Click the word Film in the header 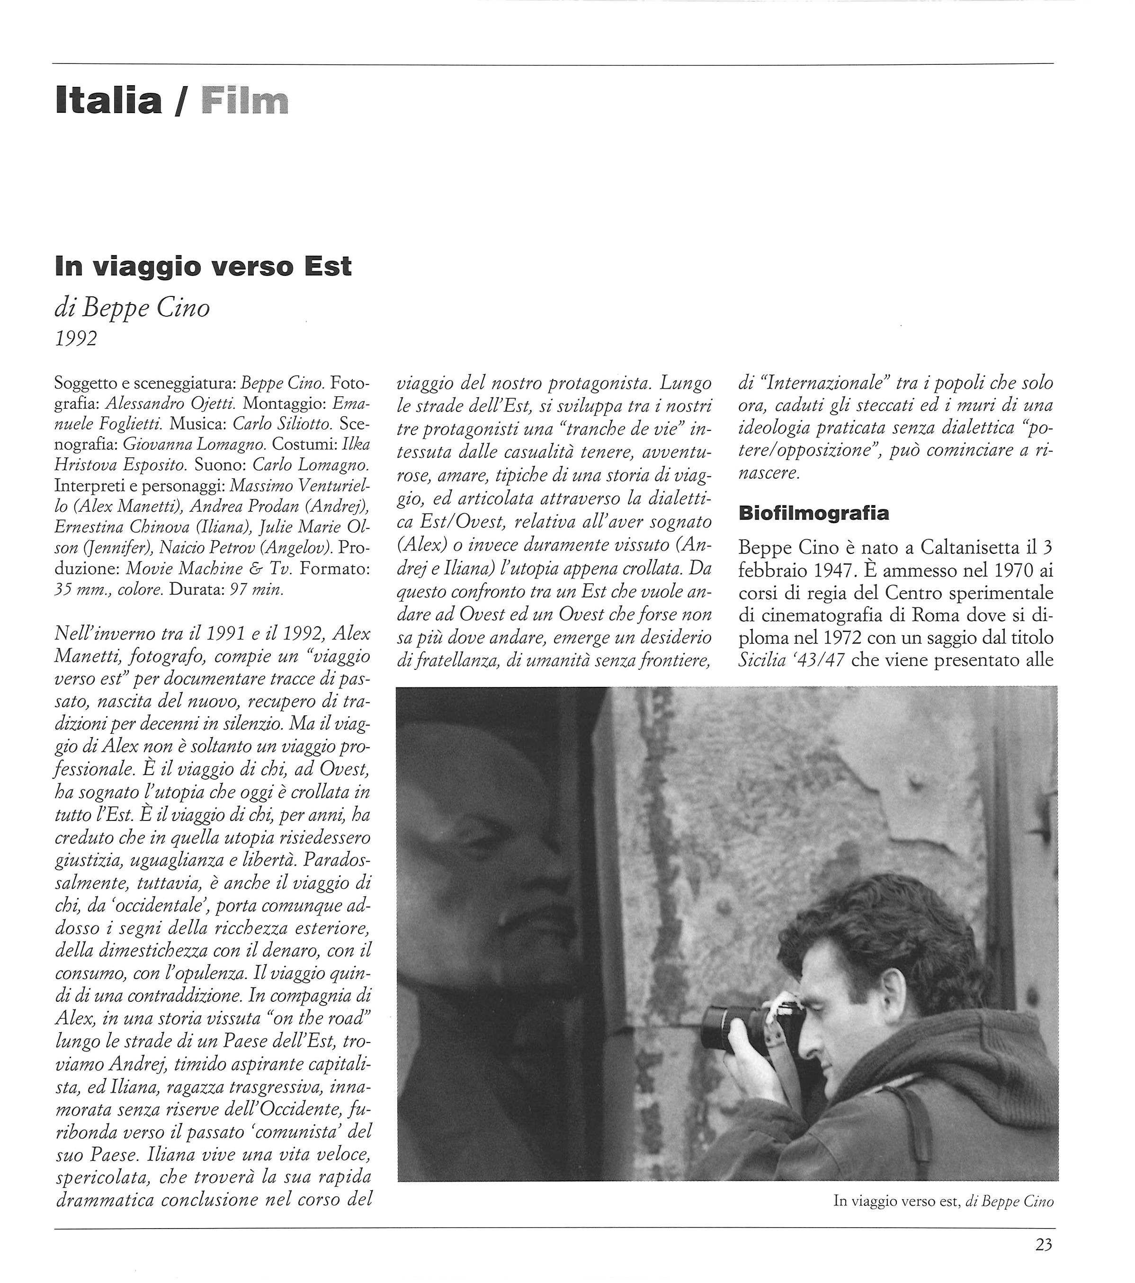(245, 101)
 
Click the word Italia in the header (108, 101)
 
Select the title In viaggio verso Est (203, 266)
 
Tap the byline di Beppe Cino (132, 308)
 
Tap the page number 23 (1043, 1244)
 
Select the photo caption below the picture (943, 1202)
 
